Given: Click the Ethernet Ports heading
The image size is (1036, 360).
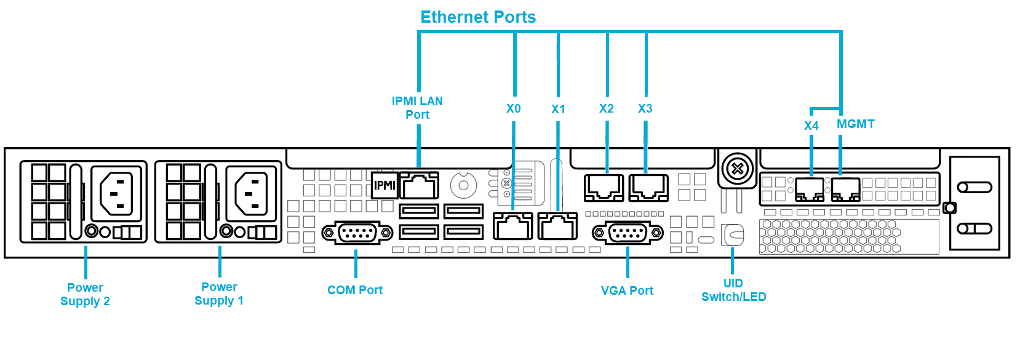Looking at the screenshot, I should [478, 17].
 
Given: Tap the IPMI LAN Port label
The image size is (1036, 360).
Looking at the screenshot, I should [417, 108].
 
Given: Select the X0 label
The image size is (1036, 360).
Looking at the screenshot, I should [514, 109].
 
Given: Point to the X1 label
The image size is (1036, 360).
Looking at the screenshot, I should [558, 110].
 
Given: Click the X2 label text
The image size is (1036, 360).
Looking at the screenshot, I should [607, 109].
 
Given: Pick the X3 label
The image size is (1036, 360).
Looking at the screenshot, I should [645, 109].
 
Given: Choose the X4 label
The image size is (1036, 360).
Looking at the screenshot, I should [811, 126].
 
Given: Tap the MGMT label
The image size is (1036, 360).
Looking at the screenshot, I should [855, 124].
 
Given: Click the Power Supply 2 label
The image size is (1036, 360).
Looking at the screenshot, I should [86, 294].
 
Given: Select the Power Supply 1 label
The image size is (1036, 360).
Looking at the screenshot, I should [219, 294].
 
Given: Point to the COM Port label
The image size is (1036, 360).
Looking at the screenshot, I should [355, 290].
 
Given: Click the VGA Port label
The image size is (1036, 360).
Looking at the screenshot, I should [627, 290].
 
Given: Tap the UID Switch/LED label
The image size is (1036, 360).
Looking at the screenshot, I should [733, 290].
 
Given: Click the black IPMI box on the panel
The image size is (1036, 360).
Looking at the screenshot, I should [385, 185].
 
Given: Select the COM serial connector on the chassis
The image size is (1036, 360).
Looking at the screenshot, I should [357, 233].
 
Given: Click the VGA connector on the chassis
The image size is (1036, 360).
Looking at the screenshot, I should [628, 233].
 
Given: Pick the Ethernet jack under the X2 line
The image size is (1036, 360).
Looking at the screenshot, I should [604, 188].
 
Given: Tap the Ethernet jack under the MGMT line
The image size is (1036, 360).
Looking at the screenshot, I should [846, 190].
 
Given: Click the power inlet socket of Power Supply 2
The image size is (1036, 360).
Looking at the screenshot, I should [116, 193].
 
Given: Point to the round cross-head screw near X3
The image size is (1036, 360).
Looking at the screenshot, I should [738, 169].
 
